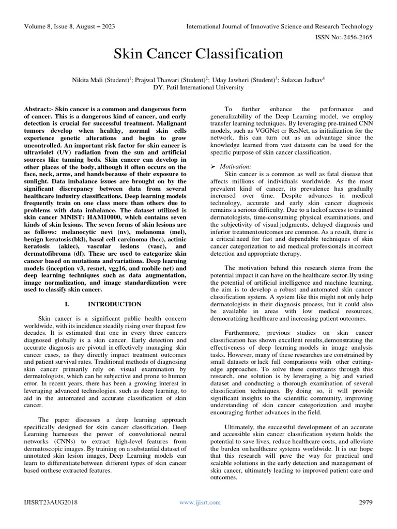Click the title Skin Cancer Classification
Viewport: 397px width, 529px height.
click(198, 54)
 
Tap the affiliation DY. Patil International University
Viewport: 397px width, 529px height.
click(198, 87)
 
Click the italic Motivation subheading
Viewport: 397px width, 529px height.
click(236, 167)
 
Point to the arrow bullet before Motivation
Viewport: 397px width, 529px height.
click(213, 167)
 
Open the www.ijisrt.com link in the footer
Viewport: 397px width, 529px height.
click(200, 502)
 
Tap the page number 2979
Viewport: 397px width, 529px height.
click(365, 502)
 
